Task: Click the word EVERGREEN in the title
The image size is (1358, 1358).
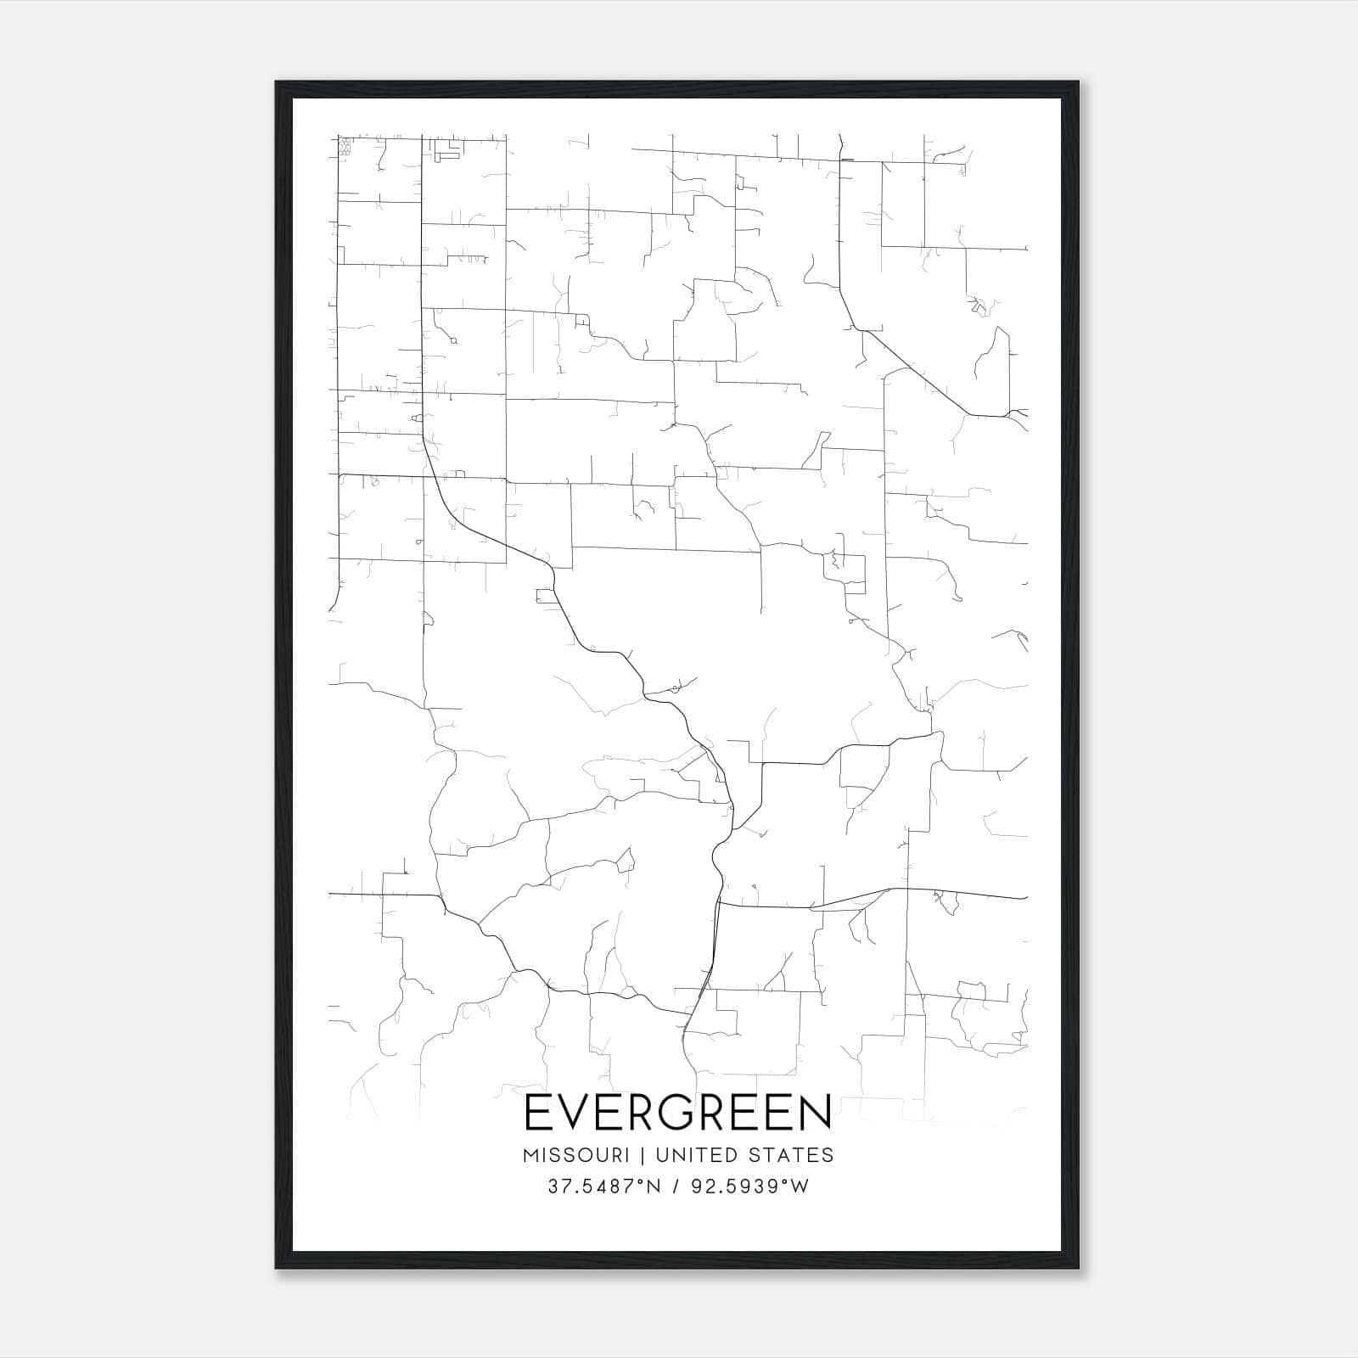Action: pyautogui.click(x=678, y=1113)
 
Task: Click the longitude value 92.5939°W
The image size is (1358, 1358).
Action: pyautogui.click(x=749, y=1187)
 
